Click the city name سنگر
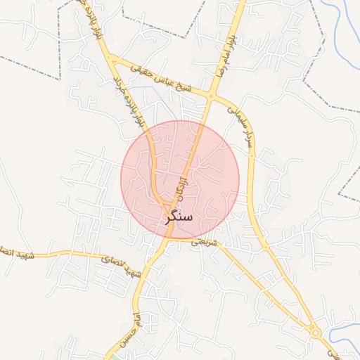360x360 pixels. (x=179, y=217)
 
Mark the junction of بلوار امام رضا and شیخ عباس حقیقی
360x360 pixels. (x=211, y=96)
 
